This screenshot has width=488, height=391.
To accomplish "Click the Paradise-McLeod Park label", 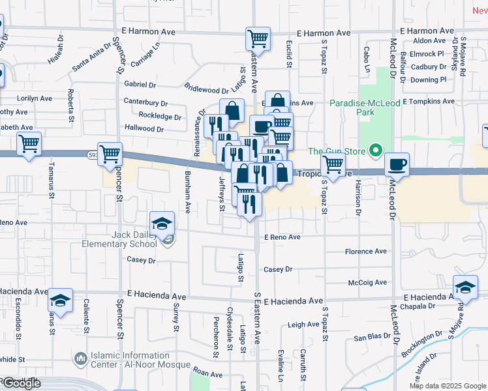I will [x=352, y=108].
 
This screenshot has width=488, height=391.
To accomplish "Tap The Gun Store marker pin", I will [x=375, y=151].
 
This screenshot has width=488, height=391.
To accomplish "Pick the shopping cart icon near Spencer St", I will [x=110, y=153].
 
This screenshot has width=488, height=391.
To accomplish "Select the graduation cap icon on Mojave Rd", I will [x=466, y=286].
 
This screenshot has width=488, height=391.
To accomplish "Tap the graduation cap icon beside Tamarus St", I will [x=61, y=300].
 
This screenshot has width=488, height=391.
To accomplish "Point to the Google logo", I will [x=21, y=383].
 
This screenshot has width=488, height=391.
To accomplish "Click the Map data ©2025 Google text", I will [x=448, y=386].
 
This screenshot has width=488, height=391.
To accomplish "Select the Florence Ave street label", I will [x=366, y=252].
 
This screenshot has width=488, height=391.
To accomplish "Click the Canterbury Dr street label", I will [x=145, y=103].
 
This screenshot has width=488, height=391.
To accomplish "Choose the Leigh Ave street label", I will [x=303, y=324].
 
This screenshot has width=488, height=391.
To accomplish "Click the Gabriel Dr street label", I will [x=140, y=85].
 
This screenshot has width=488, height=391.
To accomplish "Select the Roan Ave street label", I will [x=208, y=374].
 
